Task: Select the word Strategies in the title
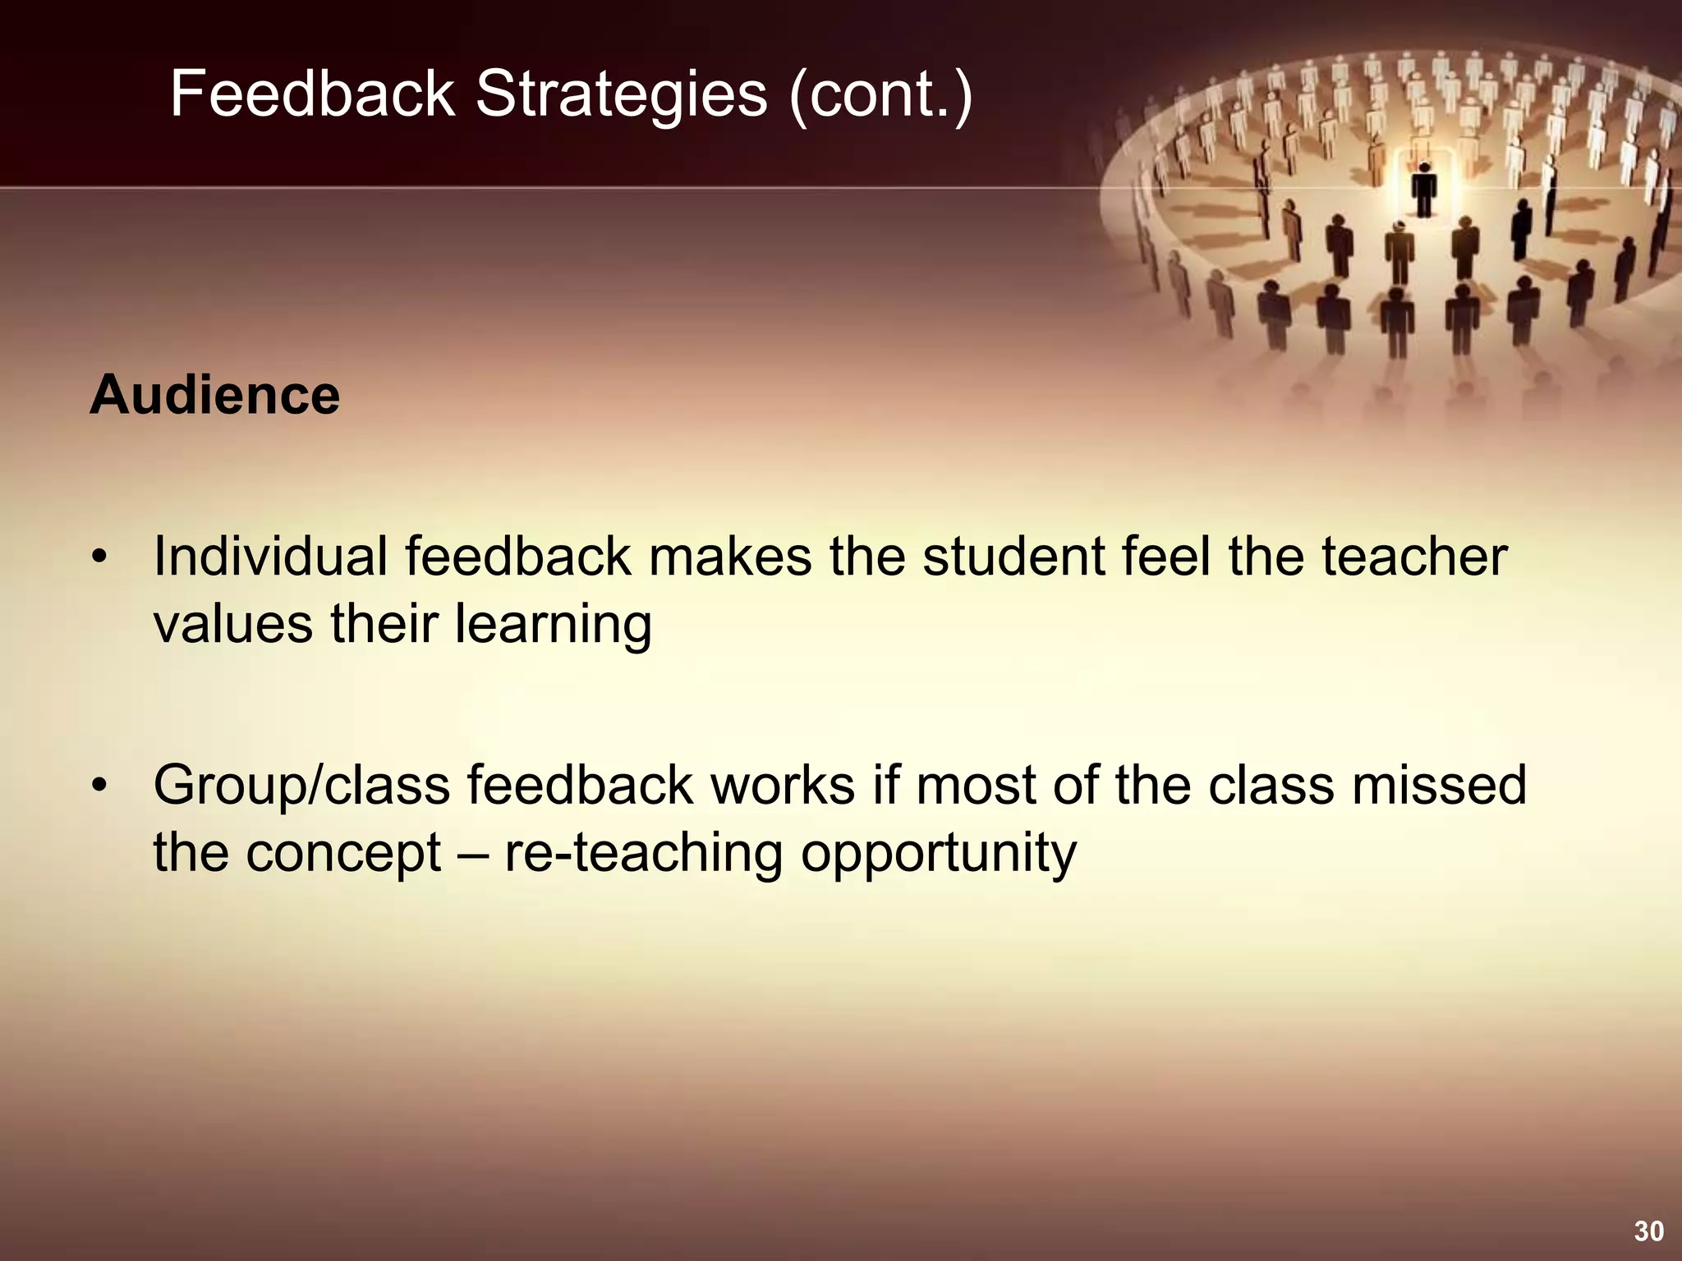pyautogui.click(x=622, y=94)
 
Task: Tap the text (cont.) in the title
pyautogui.click(x=880, y=94)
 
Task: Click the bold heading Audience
pyautogui.click(x=214, y=396)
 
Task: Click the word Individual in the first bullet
pyautogui.click(x=270, y=557)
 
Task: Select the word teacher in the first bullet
pyautogui.click(x=1414, y=557)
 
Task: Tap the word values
pyautogui.click(x=233, y=624)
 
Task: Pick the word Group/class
pyautogui.click(x=301, y=786)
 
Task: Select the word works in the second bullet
pyautogui.click(x=783, y=785)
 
